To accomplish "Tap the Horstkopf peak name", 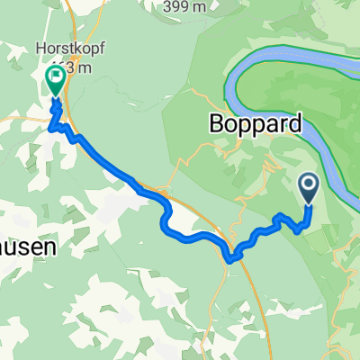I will click(x=61, y=49).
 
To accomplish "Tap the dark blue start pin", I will click(x=308, y=188).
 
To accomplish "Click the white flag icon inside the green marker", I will click(x=56, y=77).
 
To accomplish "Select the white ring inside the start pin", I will click(x=308, y=185).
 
